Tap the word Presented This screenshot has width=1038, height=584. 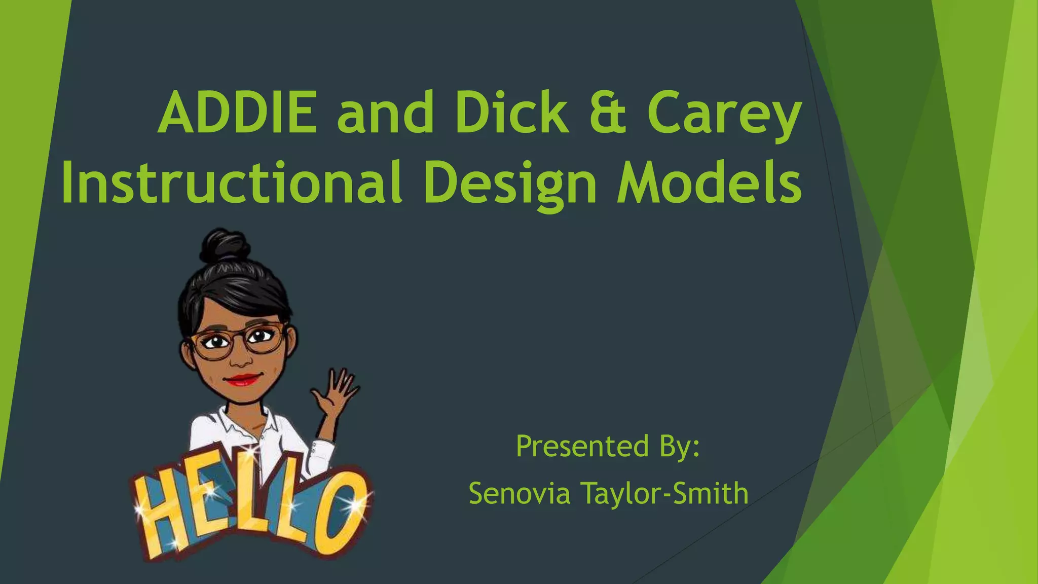582,446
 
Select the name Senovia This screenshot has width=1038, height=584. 520,493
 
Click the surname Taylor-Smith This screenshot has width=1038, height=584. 664,493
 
